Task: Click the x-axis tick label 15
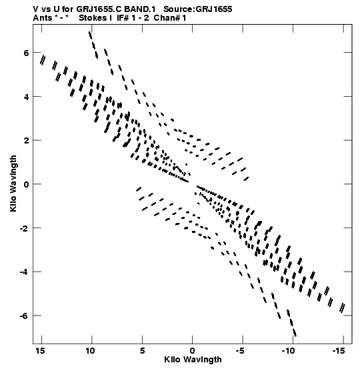(40, 351)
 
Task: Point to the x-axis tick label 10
(90, 351)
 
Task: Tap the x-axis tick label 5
(142, 351)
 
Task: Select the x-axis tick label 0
(193, 351)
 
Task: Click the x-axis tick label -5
(240, 351)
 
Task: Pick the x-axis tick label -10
(288, 351)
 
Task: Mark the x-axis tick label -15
(339, 351)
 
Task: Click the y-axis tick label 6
(26, 53)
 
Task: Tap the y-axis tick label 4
(26, 97)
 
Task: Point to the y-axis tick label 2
(26, 141)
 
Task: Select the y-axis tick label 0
(26, 184)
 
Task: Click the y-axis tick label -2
(24, 228)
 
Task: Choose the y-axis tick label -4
(24, 272)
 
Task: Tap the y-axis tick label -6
(24, 316)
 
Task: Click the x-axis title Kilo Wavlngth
(193, 360)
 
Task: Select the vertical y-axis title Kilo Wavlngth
(13, 183)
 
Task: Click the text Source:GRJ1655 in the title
(198, 9)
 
